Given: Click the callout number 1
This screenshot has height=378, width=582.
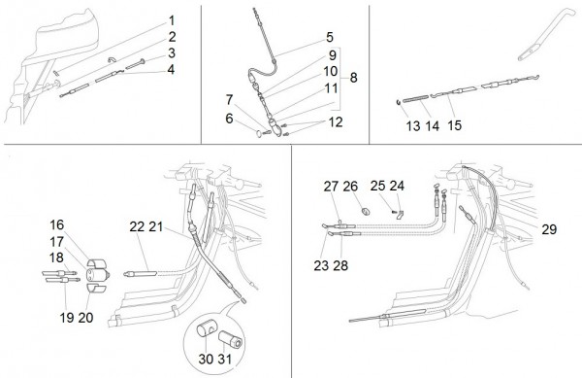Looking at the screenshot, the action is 172,20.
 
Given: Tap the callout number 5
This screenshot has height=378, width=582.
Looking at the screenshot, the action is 330,37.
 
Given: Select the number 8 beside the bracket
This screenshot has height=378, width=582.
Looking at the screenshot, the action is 353,78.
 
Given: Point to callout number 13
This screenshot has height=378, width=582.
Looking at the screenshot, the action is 413,125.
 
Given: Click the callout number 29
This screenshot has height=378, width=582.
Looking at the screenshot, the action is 549,229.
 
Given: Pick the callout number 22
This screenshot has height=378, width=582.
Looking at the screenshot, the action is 137,226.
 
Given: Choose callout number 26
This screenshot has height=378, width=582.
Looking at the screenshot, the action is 350,186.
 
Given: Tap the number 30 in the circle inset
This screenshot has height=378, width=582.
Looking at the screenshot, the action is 206,359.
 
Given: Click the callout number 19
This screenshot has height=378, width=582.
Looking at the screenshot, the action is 67,318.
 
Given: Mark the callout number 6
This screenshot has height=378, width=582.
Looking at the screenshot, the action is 229,119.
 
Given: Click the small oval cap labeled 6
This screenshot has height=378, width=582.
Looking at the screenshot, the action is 259,133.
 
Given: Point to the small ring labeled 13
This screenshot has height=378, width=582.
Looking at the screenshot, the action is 399,102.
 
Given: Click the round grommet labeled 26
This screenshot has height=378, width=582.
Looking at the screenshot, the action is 367,212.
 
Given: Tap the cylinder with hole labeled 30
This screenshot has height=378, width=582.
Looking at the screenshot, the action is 204,330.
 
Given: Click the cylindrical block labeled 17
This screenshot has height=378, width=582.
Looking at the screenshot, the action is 97,275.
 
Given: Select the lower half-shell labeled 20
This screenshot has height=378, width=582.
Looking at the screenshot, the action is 96,288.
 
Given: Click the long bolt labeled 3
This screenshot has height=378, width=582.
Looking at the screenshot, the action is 137,64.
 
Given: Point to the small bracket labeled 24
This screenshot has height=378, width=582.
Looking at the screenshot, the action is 400,214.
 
